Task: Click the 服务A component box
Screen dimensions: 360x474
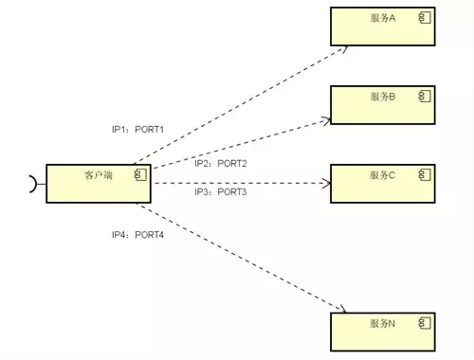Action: (x=383, y=27)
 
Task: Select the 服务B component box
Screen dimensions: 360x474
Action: (x=383, y=104)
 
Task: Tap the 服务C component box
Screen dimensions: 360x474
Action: (x=383, y=183)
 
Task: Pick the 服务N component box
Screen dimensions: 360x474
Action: (x=383, y=332)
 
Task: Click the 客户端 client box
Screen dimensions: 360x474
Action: (x=99, y=183)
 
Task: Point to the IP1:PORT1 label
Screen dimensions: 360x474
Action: (x=137, y=130)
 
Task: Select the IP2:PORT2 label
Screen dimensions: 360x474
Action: (x=221, y=164)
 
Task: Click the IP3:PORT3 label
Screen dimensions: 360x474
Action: (x=221, y=192)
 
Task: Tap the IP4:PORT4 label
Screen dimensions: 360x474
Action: (x=137, y=234)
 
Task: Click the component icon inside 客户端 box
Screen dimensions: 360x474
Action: (x=139, y=174)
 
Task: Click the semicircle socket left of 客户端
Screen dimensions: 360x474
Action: (x=36, y=184)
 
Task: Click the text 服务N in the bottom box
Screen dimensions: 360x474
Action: (x=383, y=324)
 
